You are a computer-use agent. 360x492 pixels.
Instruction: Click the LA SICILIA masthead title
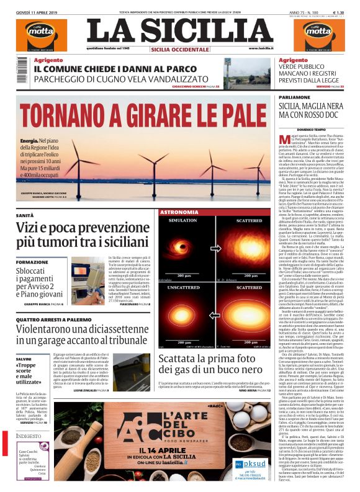pos(179,31)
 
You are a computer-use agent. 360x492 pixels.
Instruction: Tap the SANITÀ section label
pos(25,215)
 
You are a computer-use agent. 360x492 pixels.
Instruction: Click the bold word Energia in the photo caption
pos(29,142)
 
